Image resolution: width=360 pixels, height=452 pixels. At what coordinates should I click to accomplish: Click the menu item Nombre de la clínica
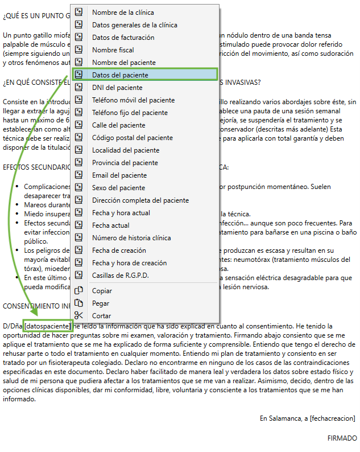tap(123, 13)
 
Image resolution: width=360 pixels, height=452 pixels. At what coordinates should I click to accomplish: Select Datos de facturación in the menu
tap(123, 38)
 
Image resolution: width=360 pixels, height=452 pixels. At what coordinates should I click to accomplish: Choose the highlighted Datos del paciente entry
tap(120, 75)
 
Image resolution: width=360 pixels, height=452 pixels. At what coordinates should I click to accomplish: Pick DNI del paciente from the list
tap(117, 88)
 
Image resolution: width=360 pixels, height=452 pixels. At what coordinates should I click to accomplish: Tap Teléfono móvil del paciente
tap(133, 100)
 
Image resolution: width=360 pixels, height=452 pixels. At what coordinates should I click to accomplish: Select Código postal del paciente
tap(132, 138)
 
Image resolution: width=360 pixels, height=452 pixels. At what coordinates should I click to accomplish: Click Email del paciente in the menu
tap(119, 175)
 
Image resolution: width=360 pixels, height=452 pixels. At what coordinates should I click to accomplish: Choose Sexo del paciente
tap(118, 188)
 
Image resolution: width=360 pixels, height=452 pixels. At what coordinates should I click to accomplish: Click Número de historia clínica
tap(131, 238)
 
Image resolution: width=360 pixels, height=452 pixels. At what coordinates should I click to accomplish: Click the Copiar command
tap(102, 291)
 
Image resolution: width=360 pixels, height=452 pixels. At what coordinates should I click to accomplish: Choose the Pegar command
tap(101, 303)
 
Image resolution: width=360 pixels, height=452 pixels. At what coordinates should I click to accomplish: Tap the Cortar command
tap(101, 316)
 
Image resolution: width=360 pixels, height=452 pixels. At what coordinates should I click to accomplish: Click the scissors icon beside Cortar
tap(79, 316)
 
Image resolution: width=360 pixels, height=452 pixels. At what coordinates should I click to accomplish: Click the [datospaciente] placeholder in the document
tap(48, 326)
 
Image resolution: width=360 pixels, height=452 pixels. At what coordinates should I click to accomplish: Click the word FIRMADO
tap(342, 438)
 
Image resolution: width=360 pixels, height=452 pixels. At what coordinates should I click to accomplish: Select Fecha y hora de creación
tap(129, 263)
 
